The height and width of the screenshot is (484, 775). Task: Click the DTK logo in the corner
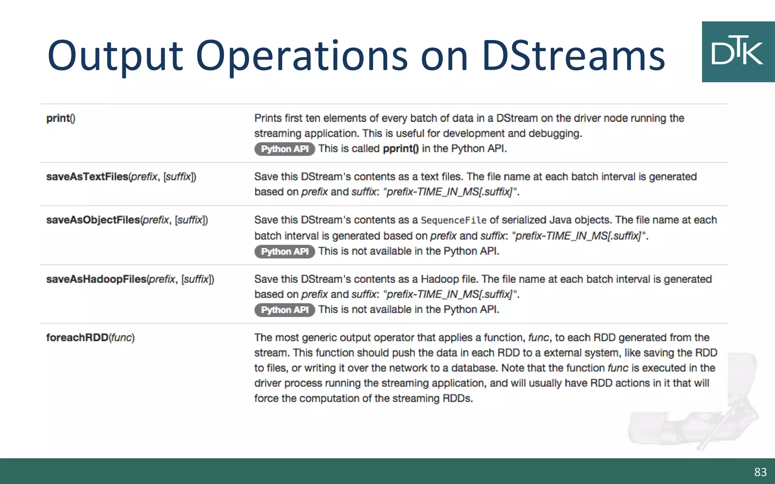(738, 52)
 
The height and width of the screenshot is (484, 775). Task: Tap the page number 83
(760, 472)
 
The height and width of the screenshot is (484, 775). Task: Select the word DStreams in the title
(573, 56)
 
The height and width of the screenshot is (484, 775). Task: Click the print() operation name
(61, 118)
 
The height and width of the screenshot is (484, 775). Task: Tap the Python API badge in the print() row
(285, 149)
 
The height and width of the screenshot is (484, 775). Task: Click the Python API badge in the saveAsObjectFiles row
(285, 251)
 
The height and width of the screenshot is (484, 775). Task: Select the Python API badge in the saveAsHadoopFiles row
(285, 310)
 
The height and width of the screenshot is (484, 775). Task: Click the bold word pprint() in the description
(401, 149)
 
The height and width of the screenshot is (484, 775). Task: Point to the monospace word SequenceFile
(453, 220)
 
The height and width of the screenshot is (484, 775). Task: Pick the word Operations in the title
(302, 56)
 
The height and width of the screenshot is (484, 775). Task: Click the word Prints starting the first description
(268, 118)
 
